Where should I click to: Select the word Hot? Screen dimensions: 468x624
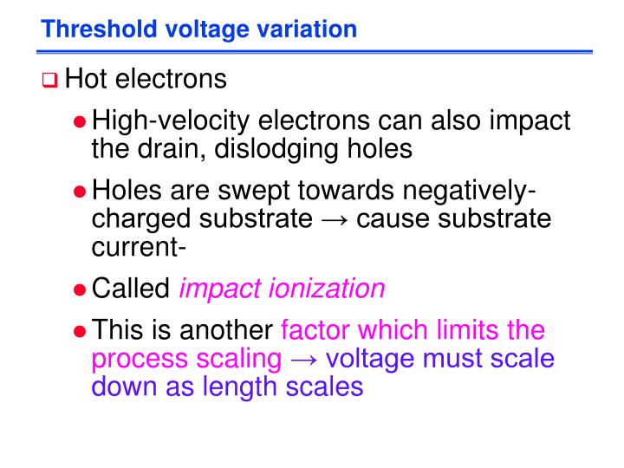pos(85,80)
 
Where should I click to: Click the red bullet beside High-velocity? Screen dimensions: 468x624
pos(79,122)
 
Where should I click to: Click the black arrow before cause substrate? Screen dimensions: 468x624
pos(335,218)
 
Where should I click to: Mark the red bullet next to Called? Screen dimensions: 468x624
pos(79,289)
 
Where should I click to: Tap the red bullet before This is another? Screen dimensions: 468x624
pos(79,331)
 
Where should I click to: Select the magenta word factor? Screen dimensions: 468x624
pos(322,330)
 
